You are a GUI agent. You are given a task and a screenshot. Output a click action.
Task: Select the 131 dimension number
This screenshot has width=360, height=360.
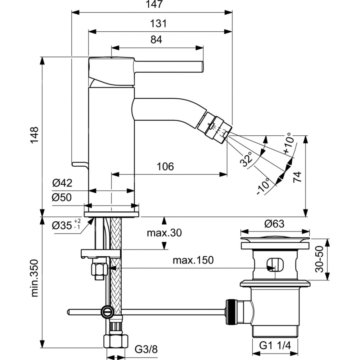pyautogui.click(x=158, y=24)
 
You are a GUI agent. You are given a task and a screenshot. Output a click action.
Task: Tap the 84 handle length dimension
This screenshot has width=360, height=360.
pyautogui.click(x=156, y=40)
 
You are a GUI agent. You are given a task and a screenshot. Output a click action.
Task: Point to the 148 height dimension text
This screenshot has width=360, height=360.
pyautogui.click(x=34, y=135)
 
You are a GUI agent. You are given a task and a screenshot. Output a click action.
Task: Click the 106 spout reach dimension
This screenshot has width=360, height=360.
pyautogui.click(x=165, y=167)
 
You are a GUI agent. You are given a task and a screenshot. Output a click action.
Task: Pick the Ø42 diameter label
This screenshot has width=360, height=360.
pyautogui.click(x=62, y=183)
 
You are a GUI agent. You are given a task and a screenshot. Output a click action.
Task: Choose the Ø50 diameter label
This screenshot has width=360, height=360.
pyautogui.click(x=62, y=197)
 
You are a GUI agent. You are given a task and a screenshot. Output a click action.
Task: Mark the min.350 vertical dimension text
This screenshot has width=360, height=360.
pyautogui.click(x=34, y=278)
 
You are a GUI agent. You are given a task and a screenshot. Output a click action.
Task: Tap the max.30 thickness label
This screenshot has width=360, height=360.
pyautogui.click(x=164, y=233)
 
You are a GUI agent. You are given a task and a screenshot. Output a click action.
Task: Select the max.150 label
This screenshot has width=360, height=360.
pyautogui.click(x=193, y=260)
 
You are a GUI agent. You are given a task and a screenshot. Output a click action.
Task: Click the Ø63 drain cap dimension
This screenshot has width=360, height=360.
pyautogui.click(x=274, y=224)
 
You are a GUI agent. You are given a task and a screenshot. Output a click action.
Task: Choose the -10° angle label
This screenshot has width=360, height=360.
pyautogui.click(x=264, y=187)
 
